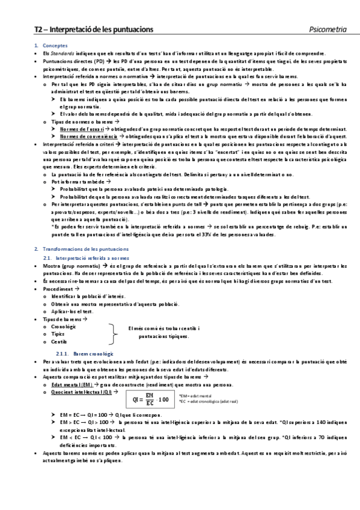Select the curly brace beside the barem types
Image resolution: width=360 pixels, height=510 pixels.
point(114,333)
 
